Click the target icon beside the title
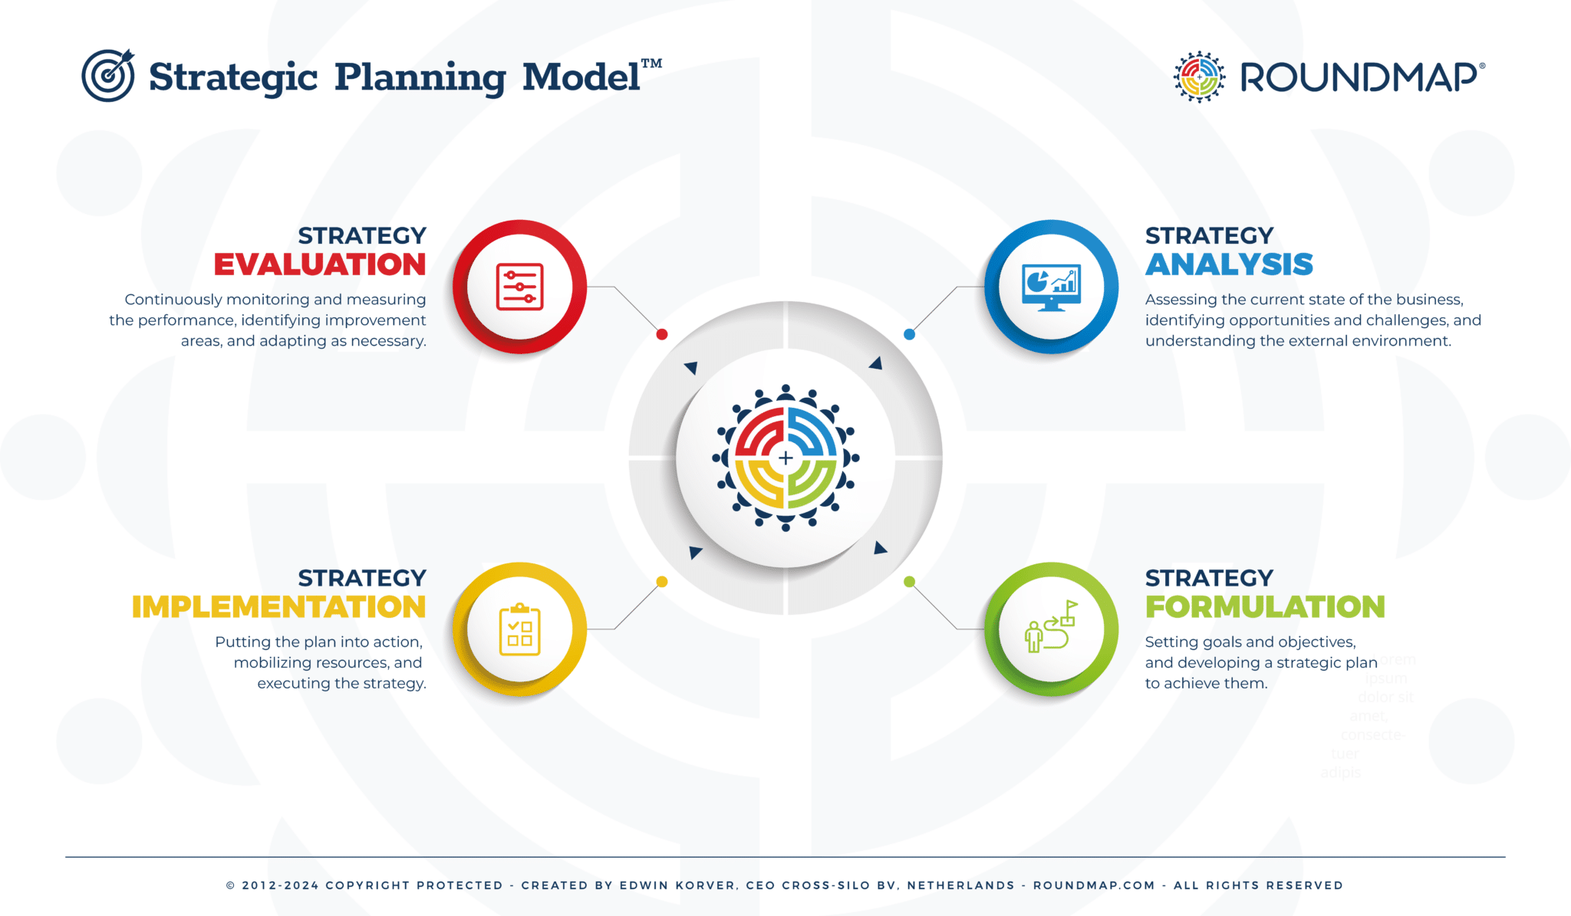tap(108, 75)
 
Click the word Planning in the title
tap(420, 77)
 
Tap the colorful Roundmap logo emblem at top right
tap(1199, 77)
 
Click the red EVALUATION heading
tap(319, 264)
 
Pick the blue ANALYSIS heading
tap(1229, 264)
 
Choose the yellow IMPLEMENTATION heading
tap(278, 607)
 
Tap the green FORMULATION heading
tap(1265, 607)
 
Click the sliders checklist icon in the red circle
tap(519, 287)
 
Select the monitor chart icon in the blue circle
tap(1051, 287)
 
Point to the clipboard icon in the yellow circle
tap(519, 630)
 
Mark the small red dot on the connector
tap(662, 334)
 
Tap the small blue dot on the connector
tap(909, 334)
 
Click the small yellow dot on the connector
tap(662, 582)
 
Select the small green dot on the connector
tap(909, 582)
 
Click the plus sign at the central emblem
tap(785, 458)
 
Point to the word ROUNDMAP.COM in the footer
tap(1094, 885)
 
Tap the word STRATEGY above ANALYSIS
tap(1209, 235)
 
